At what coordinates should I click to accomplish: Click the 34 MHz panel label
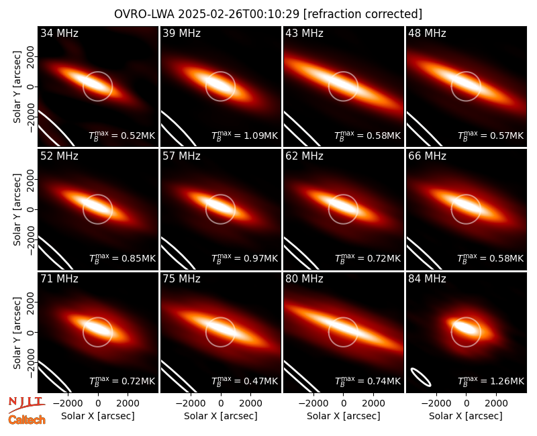click(x=59, y=33)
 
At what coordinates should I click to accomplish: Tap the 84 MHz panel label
click(x=427, y=279)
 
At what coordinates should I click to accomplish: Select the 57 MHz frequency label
click(x=181, y=156)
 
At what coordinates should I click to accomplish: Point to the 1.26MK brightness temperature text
click(x=491, y=381)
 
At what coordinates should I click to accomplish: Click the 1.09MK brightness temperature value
click(x=244, y=135)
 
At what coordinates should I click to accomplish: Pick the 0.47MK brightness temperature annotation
click(x=244, y=381)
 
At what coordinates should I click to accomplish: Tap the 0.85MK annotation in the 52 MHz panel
click(x=122, y=258)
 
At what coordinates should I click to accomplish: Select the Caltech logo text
click(x=27, y=420)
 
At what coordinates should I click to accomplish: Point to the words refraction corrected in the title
click(x=362, y=14)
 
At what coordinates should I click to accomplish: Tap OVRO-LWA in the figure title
click(x=144, y=14)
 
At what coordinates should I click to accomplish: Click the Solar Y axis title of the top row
click(x=17, y=87)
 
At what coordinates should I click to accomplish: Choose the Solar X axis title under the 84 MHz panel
click(x=466, y=416)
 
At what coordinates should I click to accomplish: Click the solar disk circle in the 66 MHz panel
click(x=466, y=195)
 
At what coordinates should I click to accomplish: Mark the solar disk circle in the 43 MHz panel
click(x=343, y=72)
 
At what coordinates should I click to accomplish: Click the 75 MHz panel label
click(x=181, y=279)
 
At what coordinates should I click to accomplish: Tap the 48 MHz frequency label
click(x=427, y=33)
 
